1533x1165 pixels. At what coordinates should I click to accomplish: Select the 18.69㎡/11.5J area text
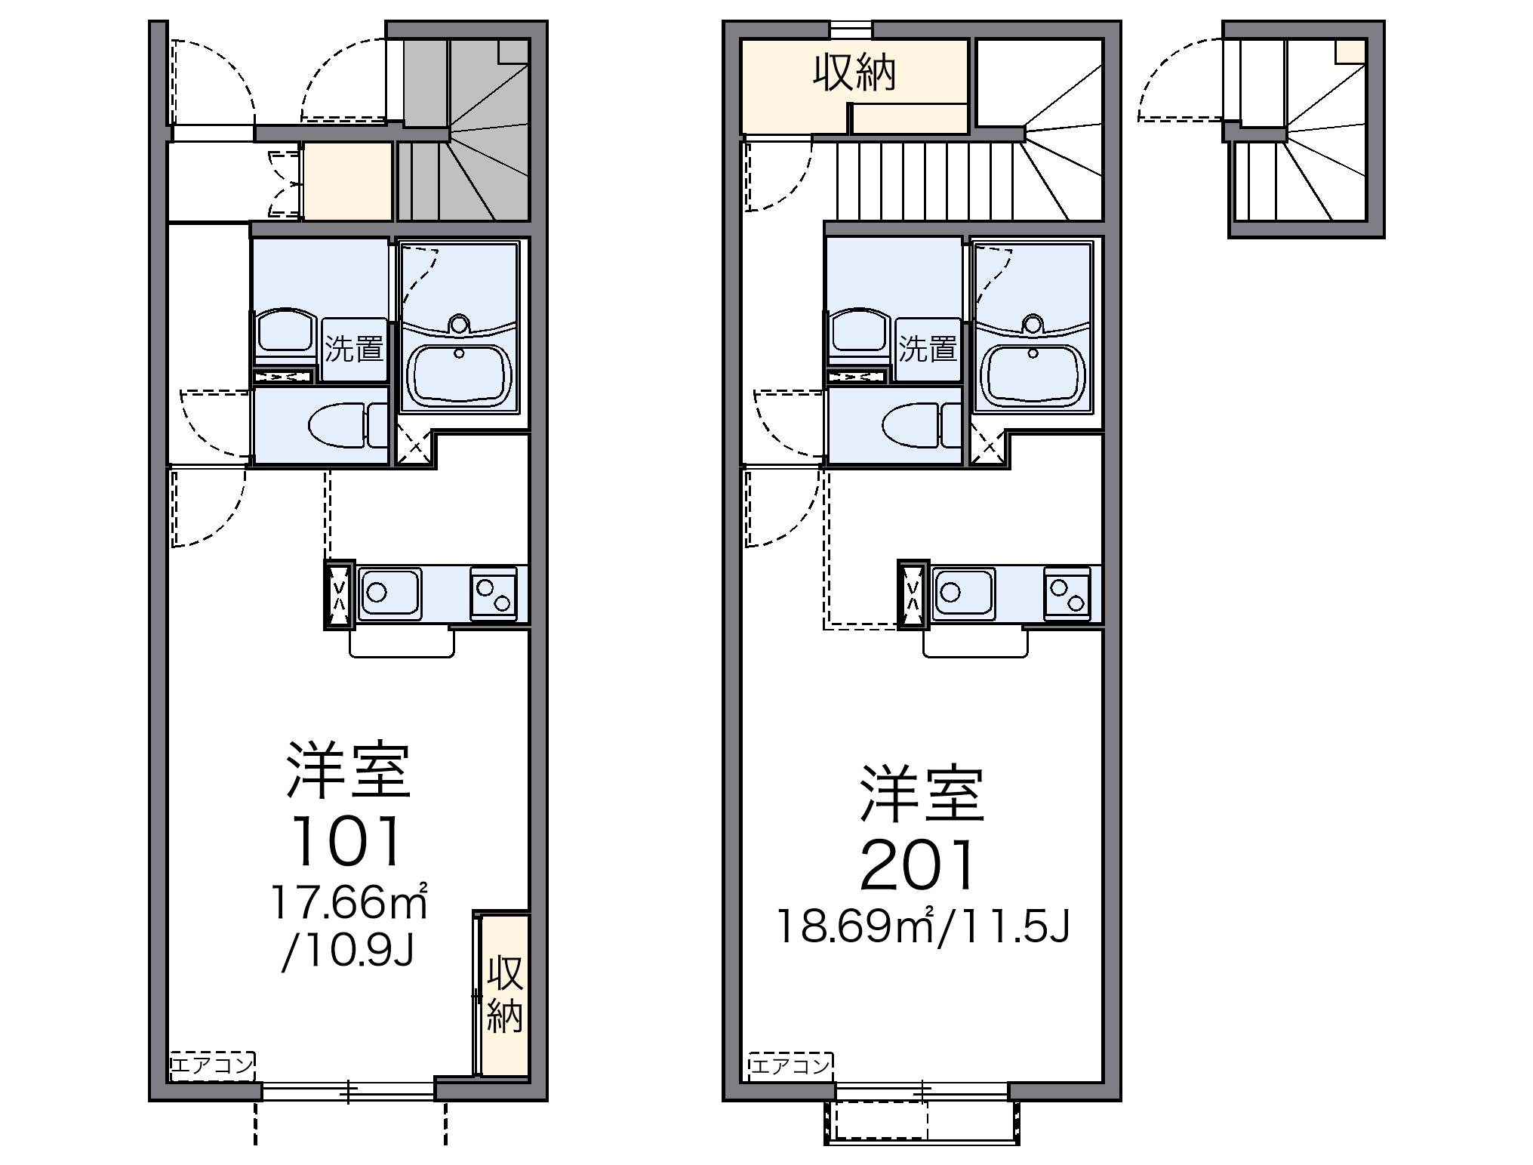pos(923,926)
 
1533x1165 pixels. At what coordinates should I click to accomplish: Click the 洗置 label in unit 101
pos(354,350)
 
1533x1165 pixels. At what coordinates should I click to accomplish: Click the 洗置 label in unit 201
pos(928,350)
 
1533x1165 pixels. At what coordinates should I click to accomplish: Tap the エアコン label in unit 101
pos(212,1065)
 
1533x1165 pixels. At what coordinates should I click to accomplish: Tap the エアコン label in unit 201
pos(790,1065)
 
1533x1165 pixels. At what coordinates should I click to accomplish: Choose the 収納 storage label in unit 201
pos(854,74)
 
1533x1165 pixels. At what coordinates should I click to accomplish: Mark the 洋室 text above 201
pos(922,794)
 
